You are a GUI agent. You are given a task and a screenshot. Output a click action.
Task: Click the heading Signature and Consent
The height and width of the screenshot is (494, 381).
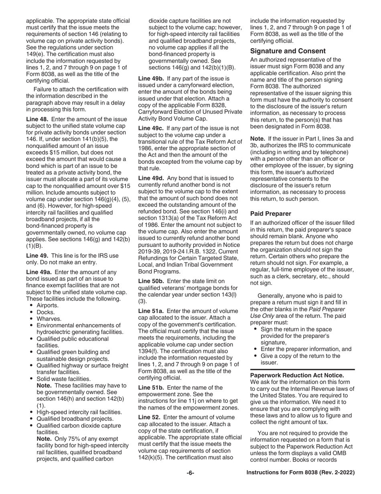click(x=288, y=51)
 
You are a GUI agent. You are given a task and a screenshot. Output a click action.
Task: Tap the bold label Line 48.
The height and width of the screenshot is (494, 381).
click(x=37, y=119)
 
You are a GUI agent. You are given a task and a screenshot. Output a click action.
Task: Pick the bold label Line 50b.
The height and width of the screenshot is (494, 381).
click(x=151, y=281)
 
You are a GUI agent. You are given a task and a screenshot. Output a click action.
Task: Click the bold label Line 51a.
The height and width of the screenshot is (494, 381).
click(x=151, y=311)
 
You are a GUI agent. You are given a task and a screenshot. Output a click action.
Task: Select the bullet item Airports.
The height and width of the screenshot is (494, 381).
click(x=47, y=305)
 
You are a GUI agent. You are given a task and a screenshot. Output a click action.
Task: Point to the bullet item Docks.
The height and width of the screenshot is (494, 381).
click(x=45, y=312)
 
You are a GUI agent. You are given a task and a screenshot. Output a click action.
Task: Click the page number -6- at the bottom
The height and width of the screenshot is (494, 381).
click(x=190, y=473)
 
